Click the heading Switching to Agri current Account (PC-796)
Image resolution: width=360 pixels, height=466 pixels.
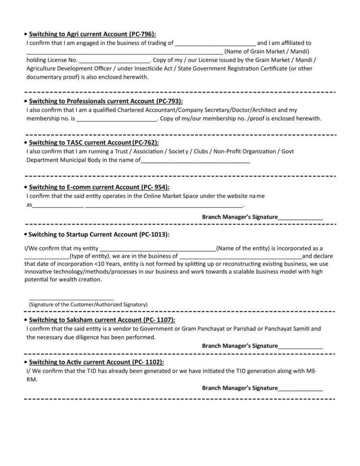click(92, 34)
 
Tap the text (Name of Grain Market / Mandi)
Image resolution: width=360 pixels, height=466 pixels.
click(267, 52)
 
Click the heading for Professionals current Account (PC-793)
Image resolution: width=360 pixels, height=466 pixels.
click(106, 101)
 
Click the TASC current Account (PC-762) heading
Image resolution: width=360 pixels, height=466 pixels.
click(94, 142)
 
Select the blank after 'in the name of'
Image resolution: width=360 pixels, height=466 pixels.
click(195, 161)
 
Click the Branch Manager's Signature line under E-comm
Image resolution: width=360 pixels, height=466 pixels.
click(300, 218)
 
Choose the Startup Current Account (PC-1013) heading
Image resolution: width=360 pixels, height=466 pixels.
click(99, 234)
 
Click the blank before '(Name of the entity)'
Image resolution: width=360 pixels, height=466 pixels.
click(158, 249)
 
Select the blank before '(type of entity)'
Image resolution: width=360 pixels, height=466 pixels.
click(46, 257)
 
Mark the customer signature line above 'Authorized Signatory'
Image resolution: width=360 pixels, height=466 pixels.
click(72, 298)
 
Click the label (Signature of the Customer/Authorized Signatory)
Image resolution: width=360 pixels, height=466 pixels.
click(88, 305)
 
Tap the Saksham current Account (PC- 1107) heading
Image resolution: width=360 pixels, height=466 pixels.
click(102, 320)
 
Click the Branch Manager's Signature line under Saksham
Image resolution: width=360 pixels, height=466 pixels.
click(300, 346)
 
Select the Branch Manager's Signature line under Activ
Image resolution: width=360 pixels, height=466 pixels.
click(300, 389)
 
